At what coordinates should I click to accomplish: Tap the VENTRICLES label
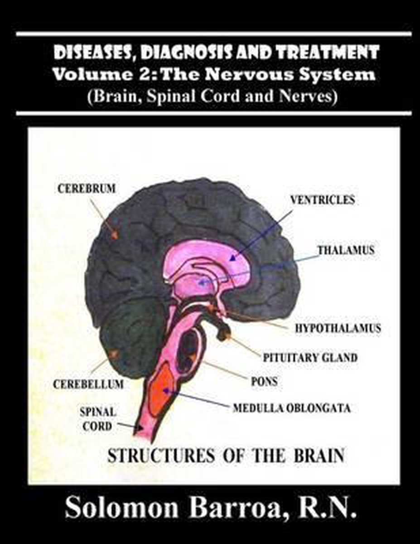pyautogui.click(x=323, y=200)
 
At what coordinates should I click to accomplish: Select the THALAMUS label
pyautogui.click(x=346, y=250)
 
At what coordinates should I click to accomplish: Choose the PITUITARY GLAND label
pyautogui.click(x=310, y=358)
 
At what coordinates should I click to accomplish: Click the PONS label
pyautogui.click(x=264, y=382)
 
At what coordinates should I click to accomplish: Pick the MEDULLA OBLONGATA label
pyautogui.click(x=291, y=408)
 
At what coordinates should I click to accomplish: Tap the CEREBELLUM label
pyautogui.click(x=88, y=384)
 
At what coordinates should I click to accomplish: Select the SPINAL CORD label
pyautogui.click(x=98, y=419)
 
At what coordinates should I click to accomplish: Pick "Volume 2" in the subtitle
pyautogui.click(x=86, y=74)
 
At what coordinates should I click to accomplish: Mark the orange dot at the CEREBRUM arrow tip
pyautogui.click(x=115, y=234)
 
